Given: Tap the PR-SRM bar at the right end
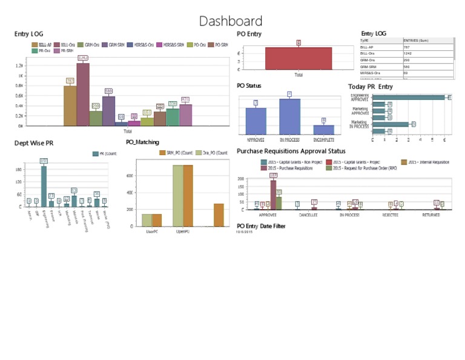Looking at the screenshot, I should [x=185, y=115].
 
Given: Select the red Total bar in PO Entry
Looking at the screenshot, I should [x=298, y=58].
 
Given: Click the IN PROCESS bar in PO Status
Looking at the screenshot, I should [x=289, y=116].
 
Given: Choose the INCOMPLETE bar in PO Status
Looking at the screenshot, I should [x=323, y=129].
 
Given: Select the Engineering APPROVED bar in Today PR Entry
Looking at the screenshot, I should [x=409, y=97].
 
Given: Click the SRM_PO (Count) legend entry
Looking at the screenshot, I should [x=176, y=153].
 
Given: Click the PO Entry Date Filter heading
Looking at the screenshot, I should [x=261, y=226].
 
